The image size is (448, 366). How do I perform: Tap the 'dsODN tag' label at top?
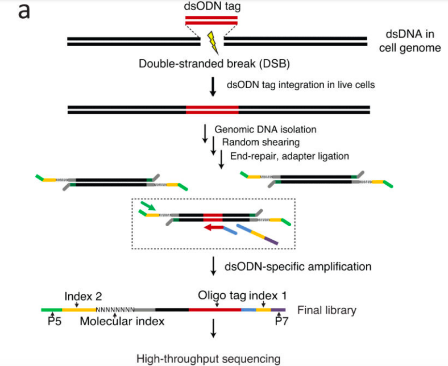[x=210, y=7]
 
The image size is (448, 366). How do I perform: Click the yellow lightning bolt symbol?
[x=211, y=41]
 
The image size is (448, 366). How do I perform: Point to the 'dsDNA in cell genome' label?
[x=410, y=41]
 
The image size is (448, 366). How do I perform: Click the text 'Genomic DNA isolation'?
[x=266, y=130]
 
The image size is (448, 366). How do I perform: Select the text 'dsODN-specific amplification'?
[x=299, y=265]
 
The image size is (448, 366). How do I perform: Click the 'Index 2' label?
[x=83, y=296]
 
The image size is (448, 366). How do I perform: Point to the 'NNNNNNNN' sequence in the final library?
[x=115, y=310]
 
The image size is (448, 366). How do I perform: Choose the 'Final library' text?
[x=327, y=310]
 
